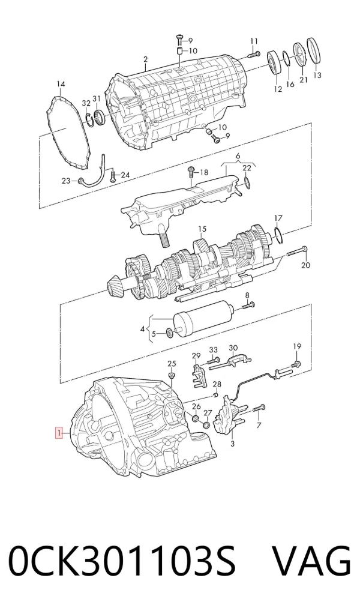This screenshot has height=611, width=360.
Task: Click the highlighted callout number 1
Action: click(59, 433)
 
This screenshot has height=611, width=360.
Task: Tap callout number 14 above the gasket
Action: click(61, 84)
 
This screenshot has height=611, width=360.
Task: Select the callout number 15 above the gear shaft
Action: click(202, 229)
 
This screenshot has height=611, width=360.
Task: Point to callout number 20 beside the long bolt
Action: click(306, 265)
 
